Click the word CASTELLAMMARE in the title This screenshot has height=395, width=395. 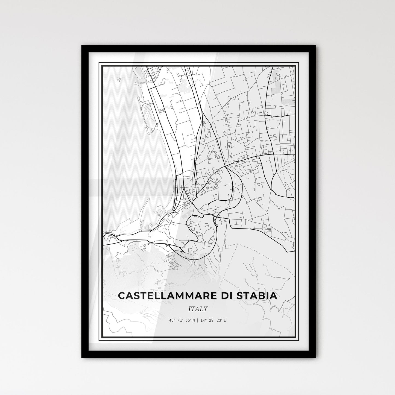[x=164, y=296]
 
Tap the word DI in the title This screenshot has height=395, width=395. [x=224, y=296]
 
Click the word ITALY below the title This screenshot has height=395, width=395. [x=198, y=309]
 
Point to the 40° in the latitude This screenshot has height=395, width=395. [x=172, y=320]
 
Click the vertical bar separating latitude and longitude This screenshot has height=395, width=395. [x=197, y=320]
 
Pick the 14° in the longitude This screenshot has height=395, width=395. [x=202, y=320]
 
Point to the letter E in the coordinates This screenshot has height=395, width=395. [x=225, y=320]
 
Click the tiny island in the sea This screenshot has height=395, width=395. [x=119, y=79]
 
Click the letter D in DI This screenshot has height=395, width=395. [x=222, y=296]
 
